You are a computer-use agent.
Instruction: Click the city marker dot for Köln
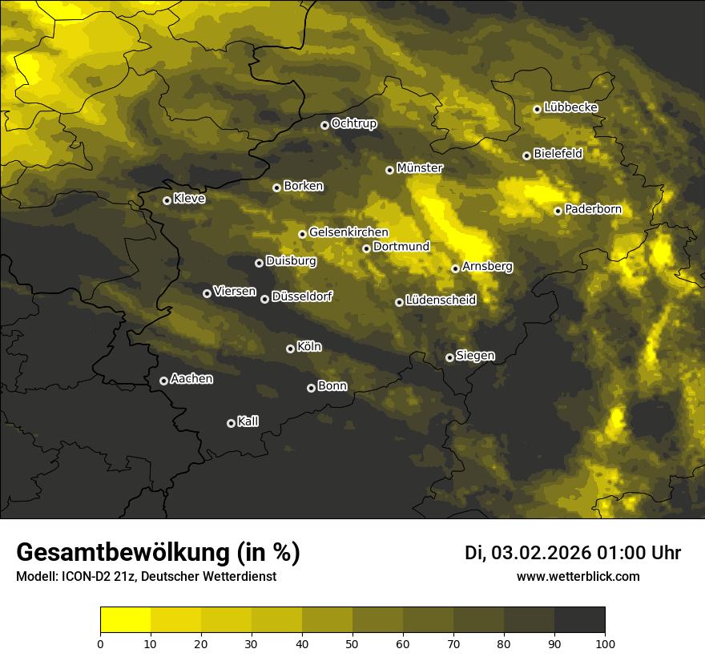[x=290, y=349]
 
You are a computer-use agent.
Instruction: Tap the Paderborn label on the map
[x=593, y=210]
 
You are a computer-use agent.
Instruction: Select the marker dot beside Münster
[x=389, y=170]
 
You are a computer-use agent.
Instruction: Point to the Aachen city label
[x=191, y=379]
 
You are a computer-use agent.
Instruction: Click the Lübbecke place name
[x=570, y=107]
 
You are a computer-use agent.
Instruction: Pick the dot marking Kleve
[x=167, y=200]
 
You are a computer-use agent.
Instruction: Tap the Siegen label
[x=475, y=356]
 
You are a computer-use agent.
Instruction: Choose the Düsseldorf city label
[x=301, y=297]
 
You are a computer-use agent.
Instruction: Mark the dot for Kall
[x=231, y=423]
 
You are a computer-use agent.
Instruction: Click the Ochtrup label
[x=353, y=123]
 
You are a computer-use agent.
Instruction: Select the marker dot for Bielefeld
[x=526, y=155]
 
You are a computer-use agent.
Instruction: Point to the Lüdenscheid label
[x=441, y=300]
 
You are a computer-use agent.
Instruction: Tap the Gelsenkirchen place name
[x=348, y=232]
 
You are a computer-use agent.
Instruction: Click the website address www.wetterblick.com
[x=578, y=576]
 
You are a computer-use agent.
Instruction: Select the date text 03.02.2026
[x=541, y=553]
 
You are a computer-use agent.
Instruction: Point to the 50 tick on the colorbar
[x=352, y=643]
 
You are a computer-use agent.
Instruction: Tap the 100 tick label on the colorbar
[x=605, y=643]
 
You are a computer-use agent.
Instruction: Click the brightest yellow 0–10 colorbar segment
[x=125, y=619]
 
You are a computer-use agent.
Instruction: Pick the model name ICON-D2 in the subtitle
[x=84, y=577]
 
